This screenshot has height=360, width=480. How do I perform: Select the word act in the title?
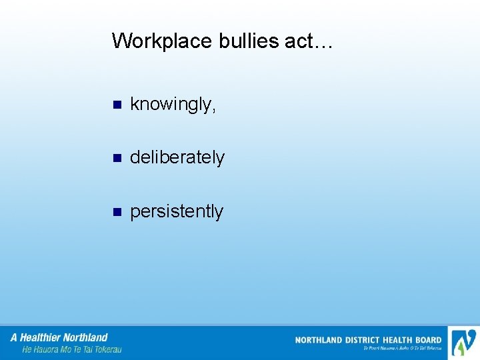(x=299, y=41)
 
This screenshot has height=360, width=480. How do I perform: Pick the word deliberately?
(x=177, y=158)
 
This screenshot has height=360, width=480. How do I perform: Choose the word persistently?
(x=177, y=212)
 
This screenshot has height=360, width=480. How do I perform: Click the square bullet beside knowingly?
(x=117, y=105)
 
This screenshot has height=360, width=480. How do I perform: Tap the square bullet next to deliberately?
(x=117, y=159)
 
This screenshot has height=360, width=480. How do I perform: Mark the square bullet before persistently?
(x=117, y=213)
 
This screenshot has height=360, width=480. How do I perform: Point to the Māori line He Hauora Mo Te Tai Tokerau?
(x=72, y=349)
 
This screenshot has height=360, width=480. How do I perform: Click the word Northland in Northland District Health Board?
(x=319, y=340)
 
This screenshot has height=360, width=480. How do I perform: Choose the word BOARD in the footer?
(x=429, y=340)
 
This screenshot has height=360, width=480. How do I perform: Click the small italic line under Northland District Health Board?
(x=402, y=348)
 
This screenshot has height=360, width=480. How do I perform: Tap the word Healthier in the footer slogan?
(x=42, y=337)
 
